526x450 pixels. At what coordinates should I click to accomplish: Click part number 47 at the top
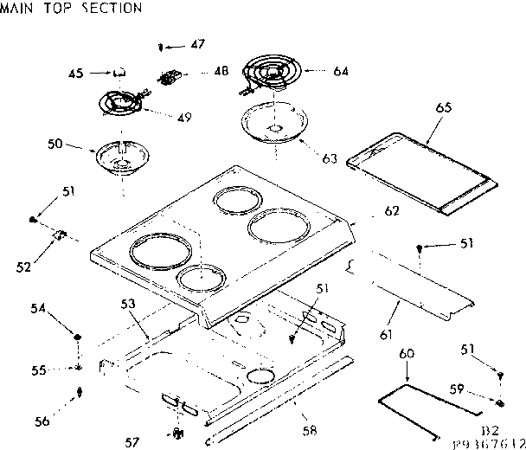(x=198, y=43)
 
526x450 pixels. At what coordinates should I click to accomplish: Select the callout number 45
(x=77, y=74)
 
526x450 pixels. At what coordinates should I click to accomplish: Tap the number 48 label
(x=221, y=72)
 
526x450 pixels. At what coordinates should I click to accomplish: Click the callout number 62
(x=391, y=210)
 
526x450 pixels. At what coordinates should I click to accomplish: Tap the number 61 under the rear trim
(x=385, y=334)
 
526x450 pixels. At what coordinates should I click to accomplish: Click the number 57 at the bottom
(x=131, y=442)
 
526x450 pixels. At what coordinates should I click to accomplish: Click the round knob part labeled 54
(x=78, y=337)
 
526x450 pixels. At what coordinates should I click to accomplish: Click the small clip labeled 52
(x=61, y=234)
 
